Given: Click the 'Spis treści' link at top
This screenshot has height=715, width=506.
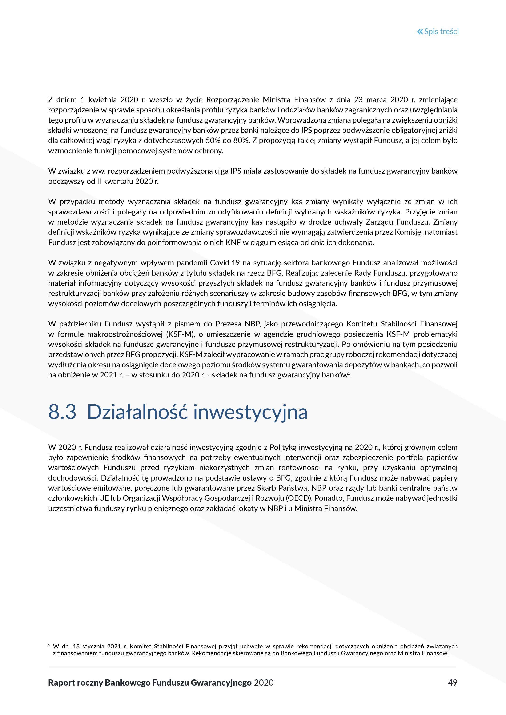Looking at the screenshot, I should (x=441, y=32).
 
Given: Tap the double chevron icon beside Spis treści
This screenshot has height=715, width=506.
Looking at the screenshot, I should (x=420, y=32).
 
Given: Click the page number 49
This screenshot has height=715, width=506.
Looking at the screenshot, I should (x=452, y=683).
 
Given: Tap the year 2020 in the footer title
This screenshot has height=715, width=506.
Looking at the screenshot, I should (x=264, y=683).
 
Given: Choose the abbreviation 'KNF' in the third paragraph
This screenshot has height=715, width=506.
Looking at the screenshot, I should (x=233, y=242).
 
